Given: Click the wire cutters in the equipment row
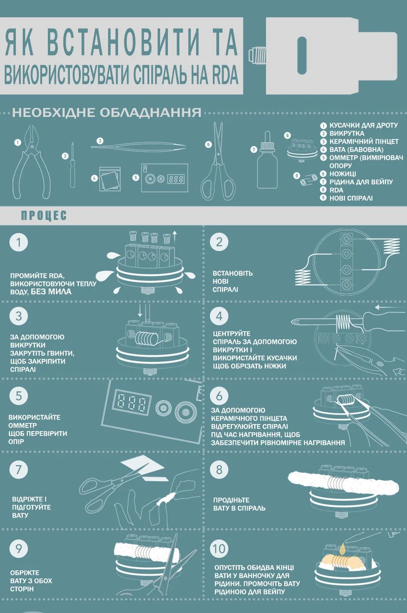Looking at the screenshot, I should [32, 164].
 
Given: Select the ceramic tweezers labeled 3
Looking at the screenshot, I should [138, 146].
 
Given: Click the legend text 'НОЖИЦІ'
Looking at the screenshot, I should [343, 174].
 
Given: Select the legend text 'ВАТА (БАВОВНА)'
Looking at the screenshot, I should [356, 149].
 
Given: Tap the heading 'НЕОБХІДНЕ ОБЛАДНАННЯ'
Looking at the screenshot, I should [107, 112].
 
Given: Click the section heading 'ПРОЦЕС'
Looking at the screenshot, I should [44, 215].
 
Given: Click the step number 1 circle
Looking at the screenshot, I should [19, 242].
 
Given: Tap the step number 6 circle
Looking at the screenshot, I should [219, 396].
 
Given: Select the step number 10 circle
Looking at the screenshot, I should [219, 549].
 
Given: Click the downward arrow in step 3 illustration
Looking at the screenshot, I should [140, 311].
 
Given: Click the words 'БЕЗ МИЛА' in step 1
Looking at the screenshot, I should [51, 292].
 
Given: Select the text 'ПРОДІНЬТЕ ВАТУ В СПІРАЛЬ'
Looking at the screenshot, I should [239, 504].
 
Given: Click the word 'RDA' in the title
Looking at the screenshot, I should [225, 75].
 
